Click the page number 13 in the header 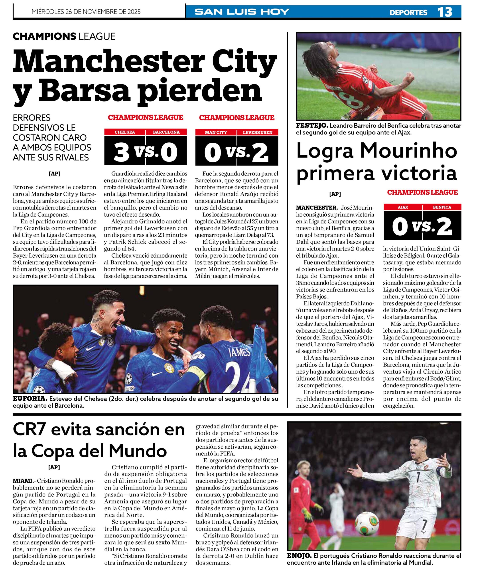click(445, 12)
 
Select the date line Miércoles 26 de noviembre click(86, 12)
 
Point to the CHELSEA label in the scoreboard click(125, 132)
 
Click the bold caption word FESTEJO click(312, 126)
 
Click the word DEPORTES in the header click(408, 12)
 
